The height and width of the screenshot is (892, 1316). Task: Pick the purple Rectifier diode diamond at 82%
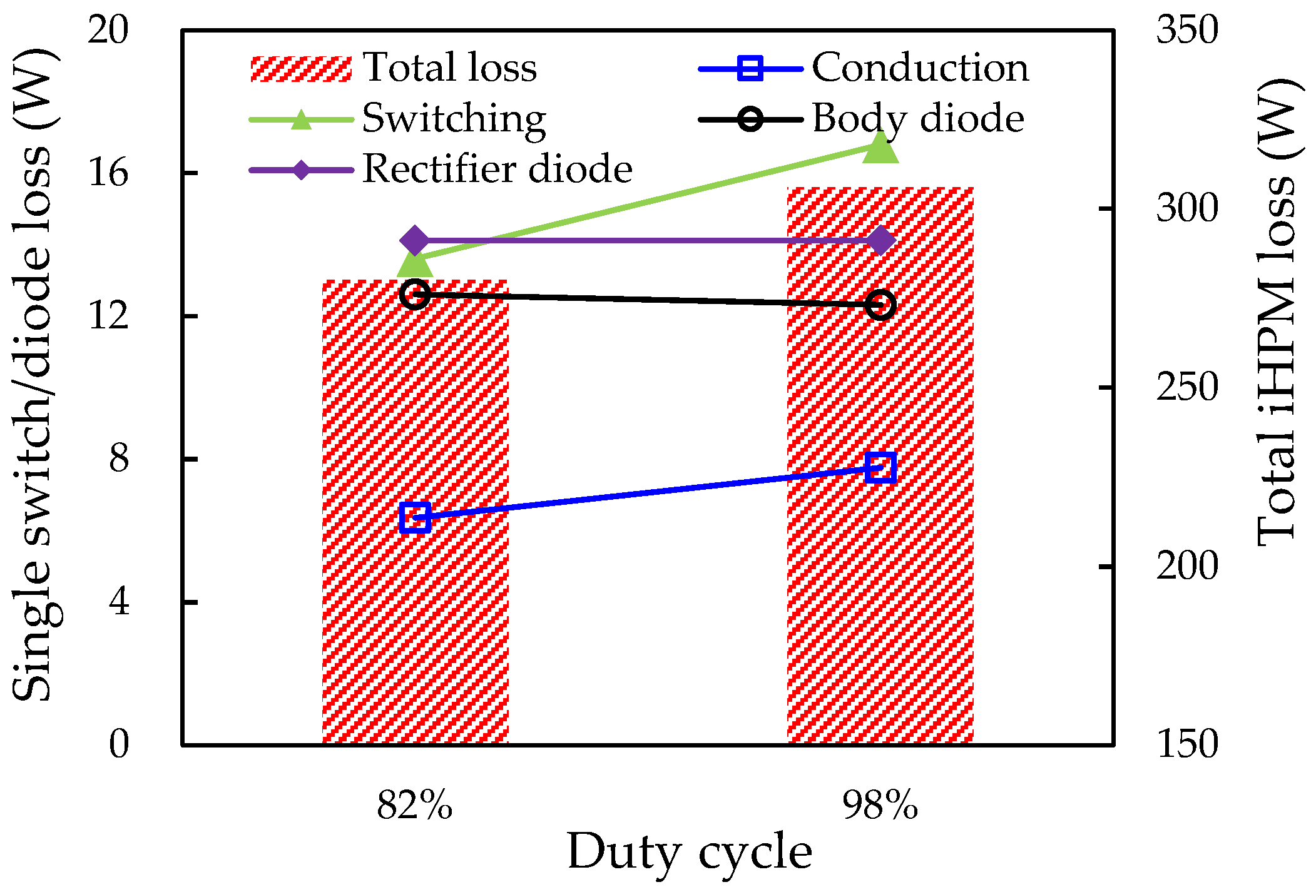point(415,240)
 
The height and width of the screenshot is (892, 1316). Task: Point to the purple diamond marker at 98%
point(880,240)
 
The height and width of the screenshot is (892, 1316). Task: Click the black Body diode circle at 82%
point(415,294)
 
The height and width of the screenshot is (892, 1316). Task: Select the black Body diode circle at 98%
point(880,305)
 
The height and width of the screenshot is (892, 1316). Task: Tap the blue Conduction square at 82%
point(415,517)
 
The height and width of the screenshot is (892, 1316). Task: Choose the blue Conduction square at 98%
point(880,468)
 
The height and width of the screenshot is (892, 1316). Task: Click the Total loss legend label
point(449,68)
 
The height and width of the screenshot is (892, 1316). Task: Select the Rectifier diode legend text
point(497,169)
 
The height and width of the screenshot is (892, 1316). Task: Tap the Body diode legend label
point(918,119)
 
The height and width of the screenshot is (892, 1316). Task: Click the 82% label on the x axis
point(414,806)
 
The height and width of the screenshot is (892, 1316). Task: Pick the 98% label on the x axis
point(880,806)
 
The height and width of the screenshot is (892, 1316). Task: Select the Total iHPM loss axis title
point(1277,313)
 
